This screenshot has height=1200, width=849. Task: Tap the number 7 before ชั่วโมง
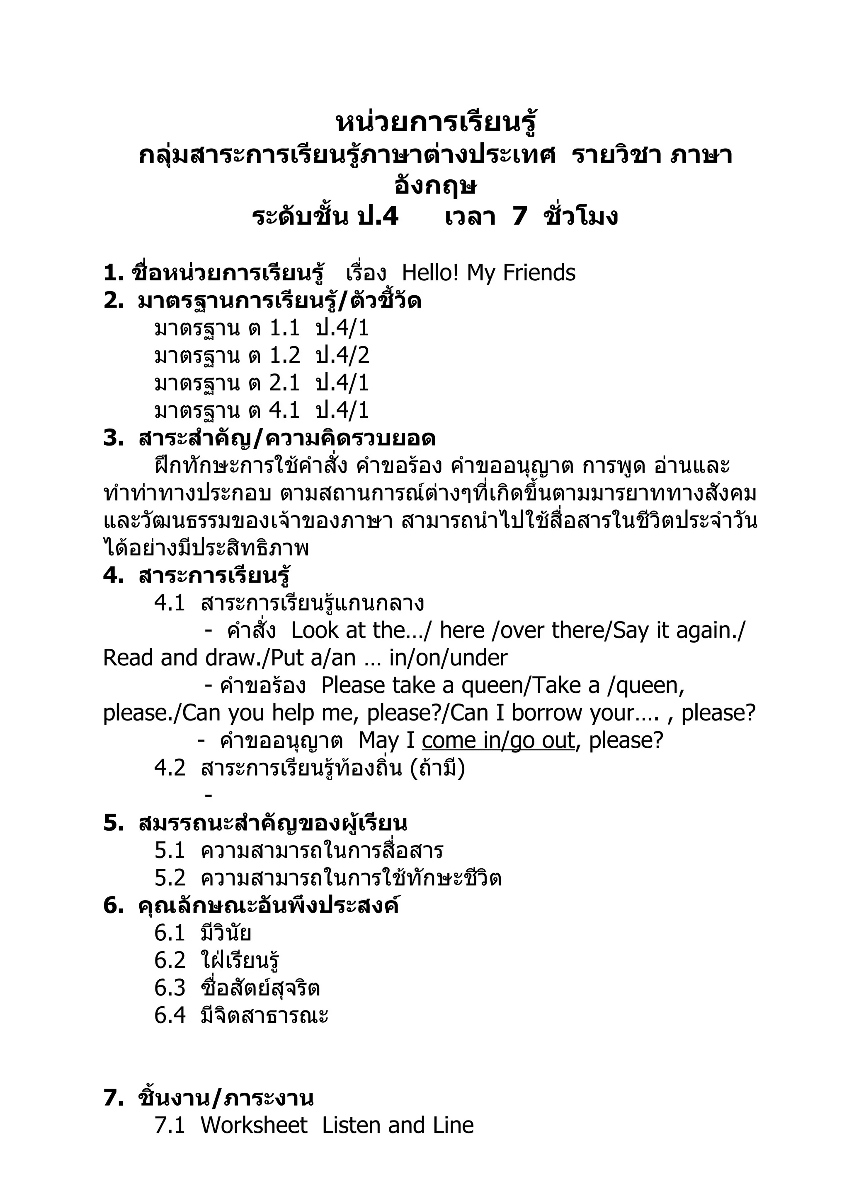tap(519, 216)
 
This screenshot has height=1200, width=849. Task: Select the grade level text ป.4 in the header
tap(378, 216)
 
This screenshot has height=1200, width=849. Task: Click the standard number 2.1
tap(284, 383)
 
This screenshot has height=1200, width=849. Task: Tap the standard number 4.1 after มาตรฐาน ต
tap(284, 410)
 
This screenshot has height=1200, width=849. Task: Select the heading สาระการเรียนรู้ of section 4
tap(214, 576)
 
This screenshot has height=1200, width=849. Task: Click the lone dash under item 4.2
tap(209, 795)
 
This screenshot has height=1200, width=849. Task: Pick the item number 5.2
tap(170, 878)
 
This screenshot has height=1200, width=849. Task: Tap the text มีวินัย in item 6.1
tap(226, 933)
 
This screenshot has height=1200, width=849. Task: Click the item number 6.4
tap(170, 1015)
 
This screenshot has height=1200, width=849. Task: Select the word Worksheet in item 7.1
tap(254, 1125)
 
